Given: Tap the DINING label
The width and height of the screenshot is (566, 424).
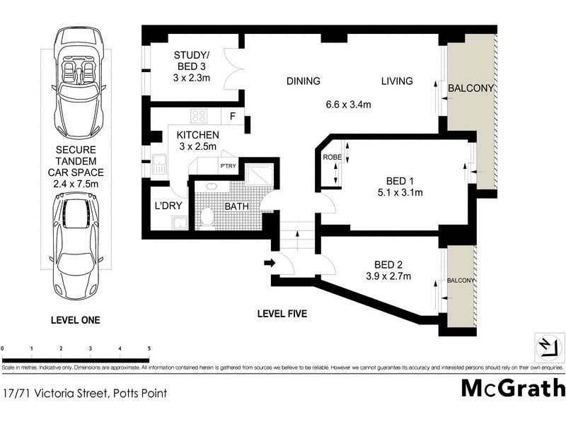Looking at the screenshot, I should click(x=303, y=81).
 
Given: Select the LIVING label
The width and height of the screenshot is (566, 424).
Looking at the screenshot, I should click(x=397, y=81).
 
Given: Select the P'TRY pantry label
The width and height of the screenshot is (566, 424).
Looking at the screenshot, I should click(x=228, y=166).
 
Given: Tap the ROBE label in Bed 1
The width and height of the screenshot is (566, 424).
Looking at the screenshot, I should click(x=332, y=158).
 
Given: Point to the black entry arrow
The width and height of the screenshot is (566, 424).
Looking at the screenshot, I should click(x=269, y=264).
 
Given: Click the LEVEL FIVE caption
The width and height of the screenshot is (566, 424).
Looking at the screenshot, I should click(x=282, y=313).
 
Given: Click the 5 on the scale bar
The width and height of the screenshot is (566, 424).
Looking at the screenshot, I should click(x=149, y=349).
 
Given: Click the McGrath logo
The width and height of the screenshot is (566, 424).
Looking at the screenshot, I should click(x=513, y=389).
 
